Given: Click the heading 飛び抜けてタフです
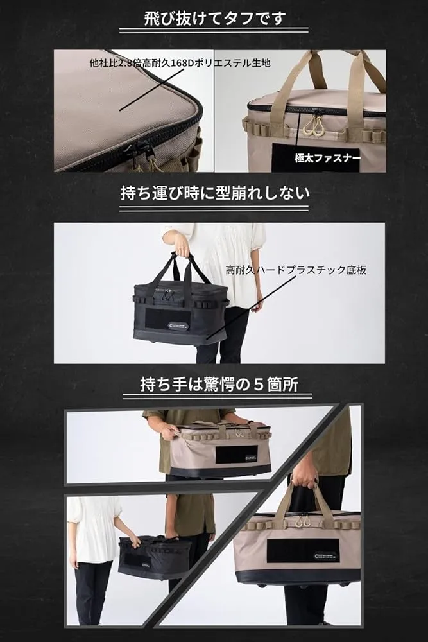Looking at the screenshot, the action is point(215,19).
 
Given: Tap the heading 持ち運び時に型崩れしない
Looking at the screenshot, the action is point(215,193).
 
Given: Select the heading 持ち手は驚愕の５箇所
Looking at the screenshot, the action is point(219,385).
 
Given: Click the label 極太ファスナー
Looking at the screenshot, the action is point(327,159).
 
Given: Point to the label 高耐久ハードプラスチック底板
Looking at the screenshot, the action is point(296,270).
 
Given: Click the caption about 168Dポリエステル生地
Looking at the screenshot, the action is point(180,63).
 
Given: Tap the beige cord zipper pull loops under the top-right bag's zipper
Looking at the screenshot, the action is point(311,126).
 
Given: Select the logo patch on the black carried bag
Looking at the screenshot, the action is point(177,326).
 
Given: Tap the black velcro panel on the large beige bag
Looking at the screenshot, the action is point(304,551).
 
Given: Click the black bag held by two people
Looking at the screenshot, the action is point(155,557).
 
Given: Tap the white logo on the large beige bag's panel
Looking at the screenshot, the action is point(326,556).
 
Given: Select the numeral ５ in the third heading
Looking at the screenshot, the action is point(258,385).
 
